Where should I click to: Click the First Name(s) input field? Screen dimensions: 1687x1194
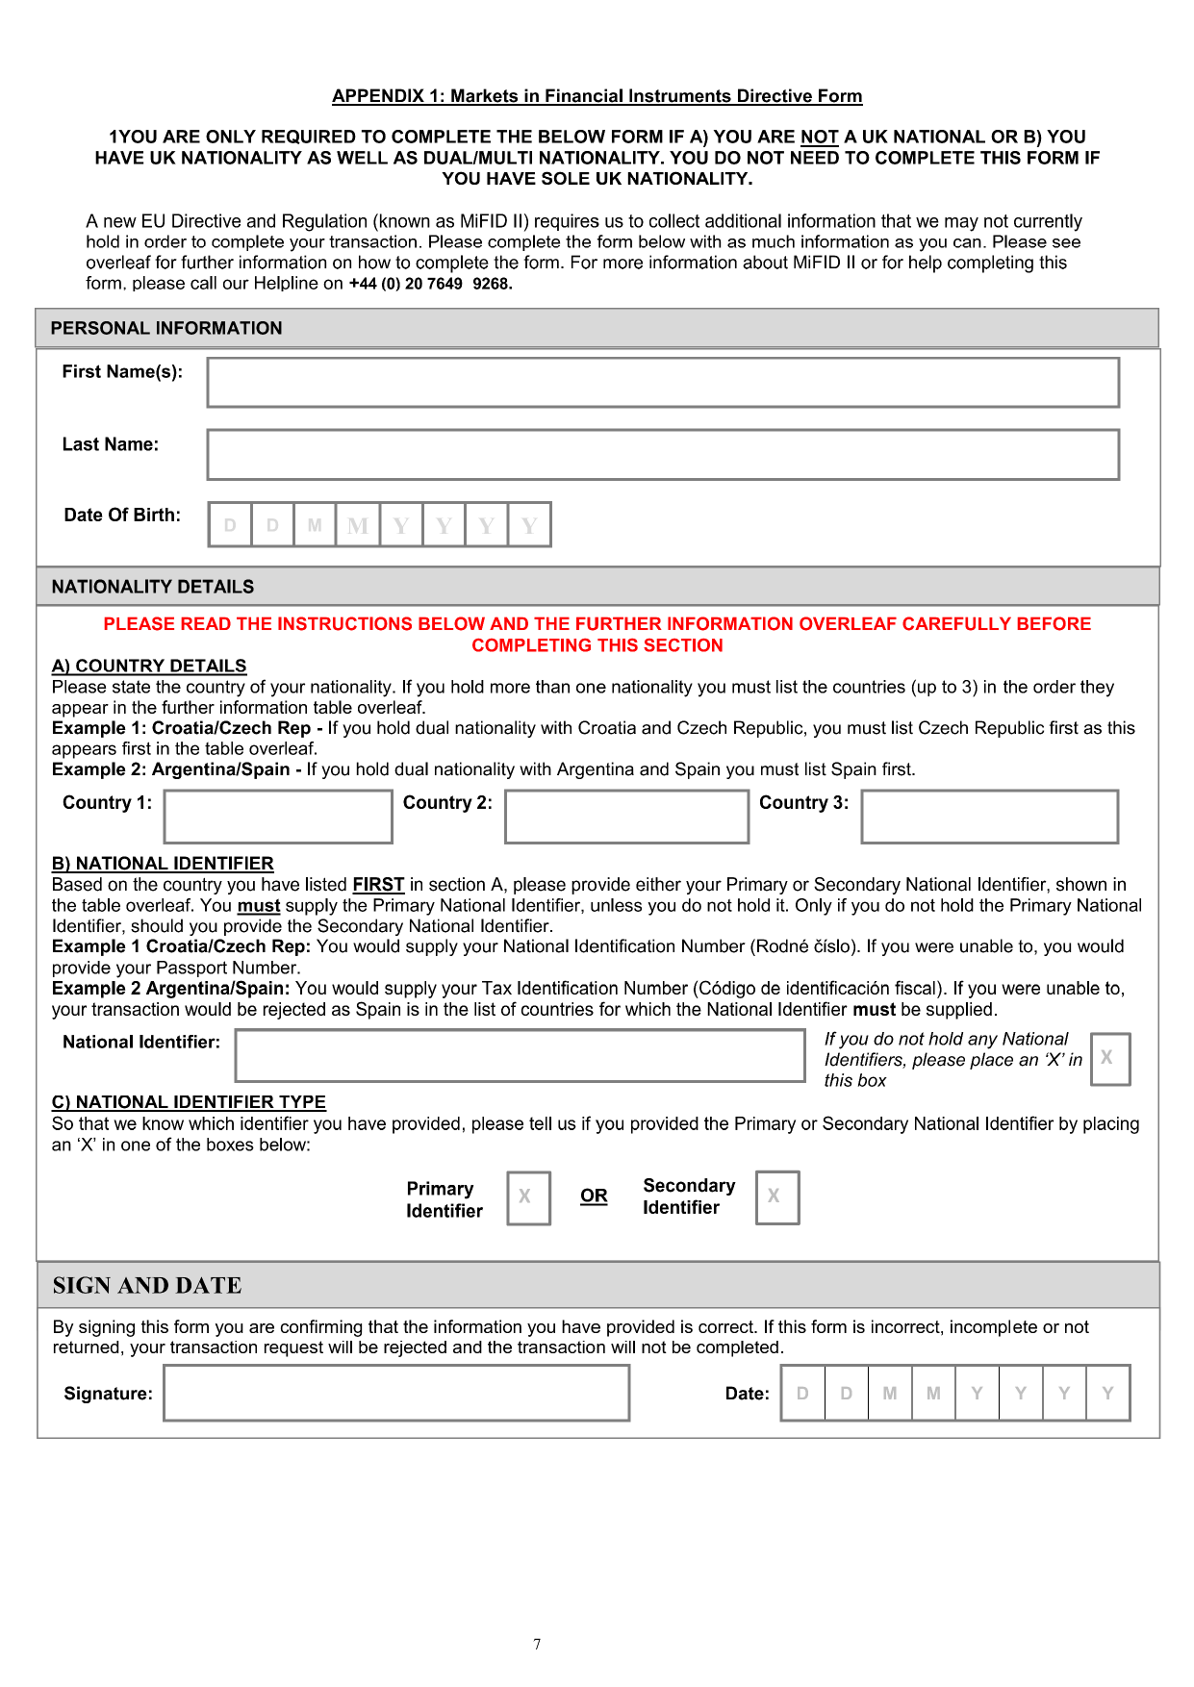tap(663, 383)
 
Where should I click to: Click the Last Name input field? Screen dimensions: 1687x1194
tap(663, 455)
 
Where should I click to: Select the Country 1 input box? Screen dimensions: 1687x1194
tap(278, 817)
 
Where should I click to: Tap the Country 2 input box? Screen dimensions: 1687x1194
tap(626, 817)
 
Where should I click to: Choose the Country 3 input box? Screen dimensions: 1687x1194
tap(989, 817)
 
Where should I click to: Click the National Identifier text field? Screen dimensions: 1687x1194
tap(520, 1055)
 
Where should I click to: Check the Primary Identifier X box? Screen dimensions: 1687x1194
tap(528, 1197)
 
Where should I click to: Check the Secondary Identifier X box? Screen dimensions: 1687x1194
tap(777, 1197)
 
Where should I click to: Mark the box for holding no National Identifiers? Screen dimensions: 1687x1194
tap(1109, 1059)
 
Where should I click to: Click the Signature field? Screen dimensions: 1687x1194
tap(396, 1393)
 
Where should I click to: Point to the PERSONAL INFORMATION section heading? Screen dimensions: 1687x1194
tap(166, 329)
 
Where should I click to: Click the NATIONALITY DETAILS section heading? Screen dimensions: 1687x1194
tap(153, 587)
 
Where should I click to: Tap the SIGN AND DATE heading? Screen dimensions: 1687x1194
tap(147, 1286)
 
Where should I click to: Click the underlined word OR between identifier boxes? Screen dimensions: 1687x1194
tap(594, 1196)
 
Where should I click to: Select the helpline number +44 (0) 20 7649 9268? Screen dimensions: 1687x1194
tap(430, 284)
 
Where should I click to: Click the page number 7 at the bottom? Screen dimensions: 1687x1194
tap(537, 1645)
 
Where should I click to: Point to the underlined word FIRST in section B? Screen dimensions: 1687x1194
tap(378, 885)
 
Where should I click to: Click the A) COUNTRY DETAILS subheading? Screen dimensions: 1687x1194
tap(149, 666)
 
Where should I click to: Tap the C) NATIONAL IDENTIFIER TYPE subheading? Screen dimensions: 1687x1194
tap(189, 1102)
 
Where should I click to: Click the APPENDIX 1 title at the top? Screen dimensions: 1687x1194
tap(597, 96)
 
